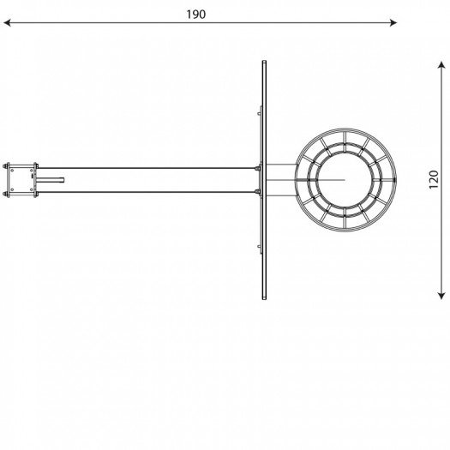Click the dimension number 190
[x=196, y=15]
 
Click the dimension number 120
[x=434, y=180]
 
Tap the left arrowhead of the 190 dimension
[x=7, y=22]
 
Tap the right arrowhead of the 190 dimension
[x=393, y=22]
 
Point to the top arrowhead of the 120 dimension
[x=441, y=65]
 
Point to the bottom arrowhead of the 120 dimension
[x=441, y=296]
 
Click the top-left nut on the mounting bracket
[x=5, y=166]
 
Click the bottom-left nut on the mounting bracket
[x=5, y=195]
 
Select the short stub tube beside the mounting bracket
[x=50, y=180]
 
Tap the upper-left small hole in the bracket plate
[x=12, y=170]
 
